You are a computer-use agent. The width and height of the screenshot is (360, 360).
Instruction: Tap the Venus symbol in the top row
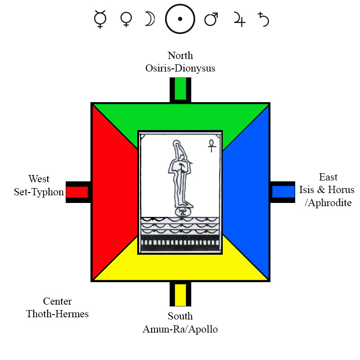click(x=126, y=19)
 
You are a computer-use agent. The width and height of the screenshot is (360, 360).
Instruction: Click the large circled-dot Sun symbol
click(x=180, y=19)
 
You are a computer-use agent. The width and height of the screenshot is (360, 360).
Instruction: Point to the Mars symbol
click(x=211, y=19)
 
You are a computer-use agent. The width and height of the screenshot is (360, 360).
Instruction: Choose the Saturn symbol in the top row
click(x=264, y=20)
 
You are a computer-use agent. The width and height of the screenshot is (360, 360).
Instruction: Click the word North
click(x=180, y=56)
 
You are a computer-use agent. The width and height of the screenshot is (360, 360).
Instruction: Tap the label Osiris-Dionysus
click(x=180, y=68)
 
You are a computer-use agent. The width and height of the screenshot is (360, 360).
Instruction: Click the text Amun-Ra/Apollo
click(x=180, y=329)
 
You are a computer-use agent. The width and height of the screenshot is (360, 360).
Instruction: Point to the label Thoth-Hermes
click(x=57, y=314)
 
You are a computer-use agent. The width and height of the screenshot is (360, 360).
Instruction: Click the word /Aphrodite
click(x=328, y=202)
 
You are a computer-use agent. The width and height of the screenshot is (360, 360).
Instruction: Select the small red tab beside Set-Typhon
click(x=77, y=192)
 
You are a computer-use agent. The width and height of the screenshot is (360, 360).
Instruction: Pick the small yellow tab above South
click(x=180, y=294)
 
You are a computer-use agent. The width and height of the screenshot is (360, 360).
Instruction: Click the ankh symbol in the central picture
click(x=210, y=145)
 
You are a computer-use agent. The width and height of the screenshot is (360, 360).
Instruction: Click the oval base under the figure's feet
click(x=182, y=211)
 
